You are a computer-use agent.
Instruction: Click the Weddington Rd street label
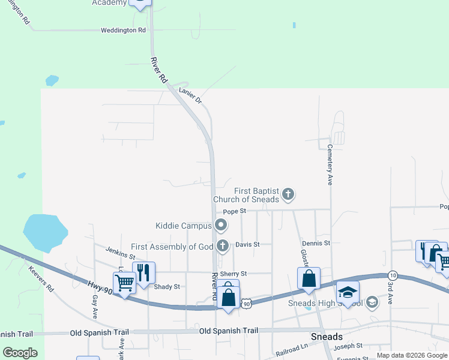pyautogui.click(x=123, y=29)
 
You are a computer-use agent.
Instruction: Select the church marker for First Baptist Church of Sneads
pyautogui.click(x=288, y=194)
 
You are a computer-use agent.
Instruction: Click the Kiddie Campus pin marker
pyautogui.click(x=221, y=226)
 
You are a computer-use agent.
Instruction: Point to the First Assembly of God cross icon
pyautogui.click(x=223, y=245)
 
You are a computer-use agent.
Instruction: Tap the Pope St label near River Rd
pyautogui.click(x=235, y=211)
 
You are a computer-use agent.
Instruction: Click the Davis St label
pyautogui.click(x=247, y=245)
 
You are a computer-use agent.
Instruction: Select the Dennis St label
pyautogui.click(x=316, y=243)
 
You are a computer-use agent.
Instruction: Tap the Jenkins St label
pyautogui.click(x=120, y=253)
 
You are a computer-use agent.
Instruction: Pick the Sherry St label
pyautogui.click(x=234, y=274)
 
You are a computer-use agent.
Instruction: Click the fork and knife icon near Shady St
pyautogui.click(x=143, y=272)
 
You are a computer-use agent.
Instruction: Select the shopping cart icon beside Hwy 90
pyautogui.click(x=124, y=282)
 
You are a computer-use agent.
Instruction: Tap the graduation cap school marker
pyautogui.click(x=347, y=292)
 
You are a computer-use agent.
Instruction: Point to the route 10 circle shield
pyautogui.click(x=391, y=274)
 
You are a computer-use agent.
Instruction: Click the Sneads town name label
pyautogui.click(x=326, y=337)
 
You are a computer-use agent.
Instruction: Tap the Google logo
pyautogui.click(x=20, y=353)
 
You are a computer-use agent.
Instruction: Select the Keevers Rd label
pyautogui.click(x=41, y=279)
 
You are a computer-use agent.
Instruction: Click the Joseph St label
pyautogui.click(x=349, y=346)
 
